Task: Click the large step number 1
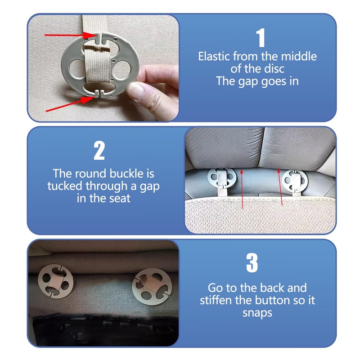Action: [261, 38]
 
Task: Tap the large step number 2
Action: [99, 150]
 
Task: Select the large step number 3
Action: [252, 263]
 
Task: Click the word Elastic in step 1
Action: [215, 56]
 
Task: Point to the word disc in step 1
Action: [274, 69]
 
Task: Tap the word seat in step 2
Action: [120, 198]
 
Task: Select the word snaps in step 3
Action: [257, 313]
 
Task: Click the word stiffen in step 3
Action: [216, 300]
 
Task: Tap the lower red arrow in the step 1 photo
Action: [70, 104]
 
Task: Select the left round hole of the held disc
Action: [77, 69]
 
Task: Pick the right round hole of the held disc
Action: [122, 69]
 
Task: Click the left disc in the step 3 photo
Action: [55, 281]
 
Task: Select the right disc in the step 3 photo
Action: [152, 287]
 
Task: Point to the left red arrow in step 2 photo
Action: [242, 189]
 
